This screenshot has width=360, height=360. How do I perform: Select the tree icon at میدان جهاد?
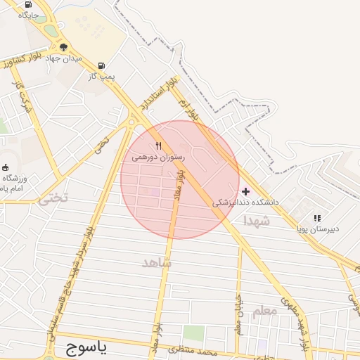64,47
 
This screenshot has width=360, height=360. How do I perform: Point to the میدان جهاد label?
65,58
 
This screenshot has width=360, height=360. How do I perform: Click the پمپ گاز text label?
102,75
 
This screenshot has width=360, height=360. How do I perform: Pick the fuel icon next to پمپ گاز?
103,65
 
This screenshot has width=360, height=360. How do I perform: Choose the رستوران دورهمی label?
158,157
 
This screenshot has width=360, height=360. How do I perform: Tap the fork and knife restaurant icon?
158,146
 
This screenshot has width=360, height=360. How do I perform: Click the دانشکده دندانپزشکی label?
245,202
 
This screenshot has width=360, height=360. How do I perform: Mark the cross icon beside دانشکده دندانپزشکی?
245,191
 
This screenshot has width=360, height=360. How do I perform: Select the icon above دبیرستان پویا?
317,218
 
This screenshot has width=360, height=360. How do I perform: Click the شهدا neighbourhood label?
257,221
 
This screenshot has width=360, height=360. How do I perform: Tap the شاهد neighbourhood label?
156,262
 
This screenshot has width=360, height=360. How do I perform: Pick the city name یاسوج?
86,347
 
